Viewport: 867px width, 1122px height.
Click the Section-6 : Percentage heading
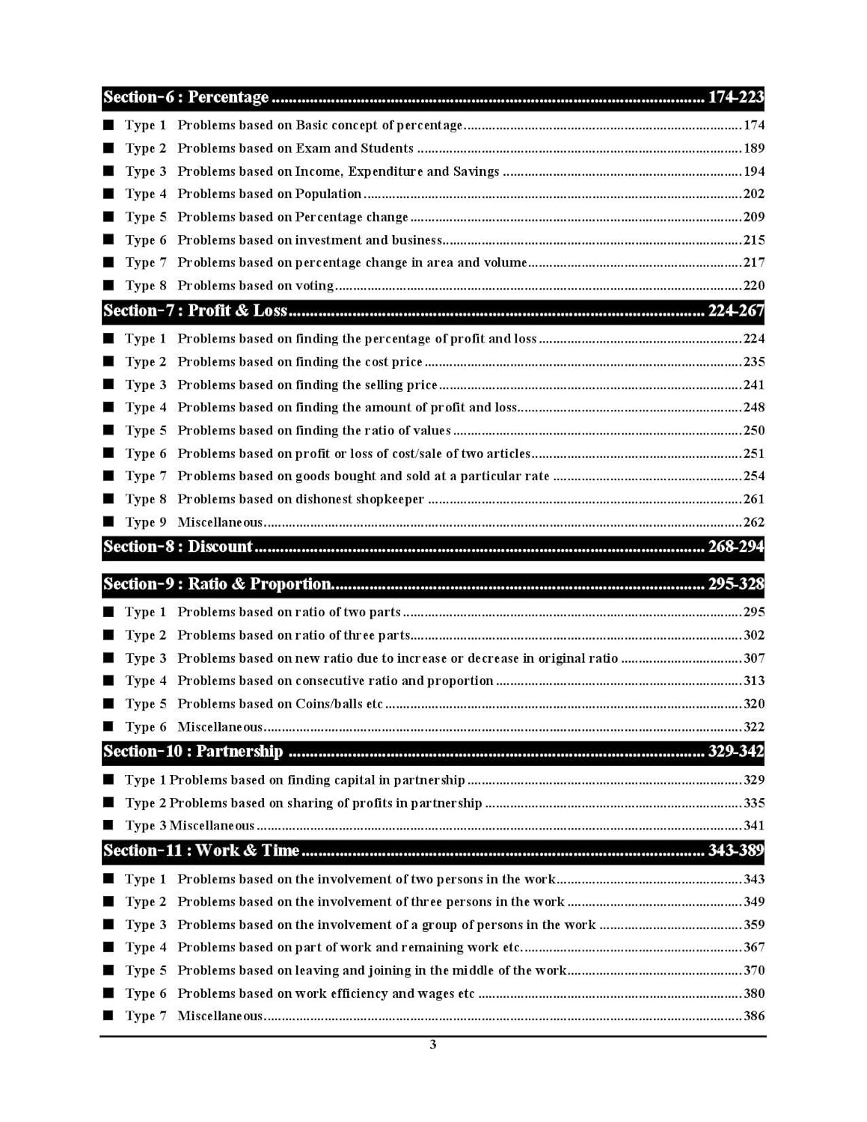pos(186,97)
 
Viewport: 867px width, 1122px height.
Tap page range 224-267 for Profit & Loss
pos(735,311)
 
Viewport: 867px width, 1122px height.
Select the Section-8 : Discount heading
pos(178,547)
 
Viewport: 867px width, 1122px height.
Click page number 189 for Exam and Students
pos(753,148)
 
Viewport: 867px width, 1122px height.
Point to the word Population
pos(328,194)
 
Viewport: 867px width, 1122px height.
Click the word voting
pos(314,286)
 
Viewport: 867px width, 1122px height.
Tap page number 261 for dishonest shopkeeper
pos(753,499)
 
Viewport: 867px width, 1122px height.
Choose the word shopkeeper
pos(389,499)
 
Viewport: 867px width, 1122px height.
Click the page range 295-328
pos(735,584)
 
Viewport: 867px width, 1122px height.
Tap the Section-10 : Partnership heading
pos(193,752)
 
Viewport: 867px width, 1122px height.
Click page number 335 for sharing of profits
pos(753,803)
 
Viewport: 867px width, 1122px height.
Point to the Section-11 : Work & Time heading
pos(201,850)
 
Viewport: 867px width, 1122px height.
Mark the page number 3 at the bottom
pos(433,1045)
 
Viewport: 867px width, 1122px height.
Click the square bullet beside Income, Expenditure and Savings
pos(109,171)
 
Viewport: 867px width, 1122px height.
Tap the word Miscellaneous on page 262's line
pos(220,522)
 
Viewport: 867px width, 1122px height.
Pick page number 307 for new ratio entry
pos(753,658)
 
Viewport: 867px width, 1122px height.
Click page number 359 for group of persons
pos(753,925)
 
